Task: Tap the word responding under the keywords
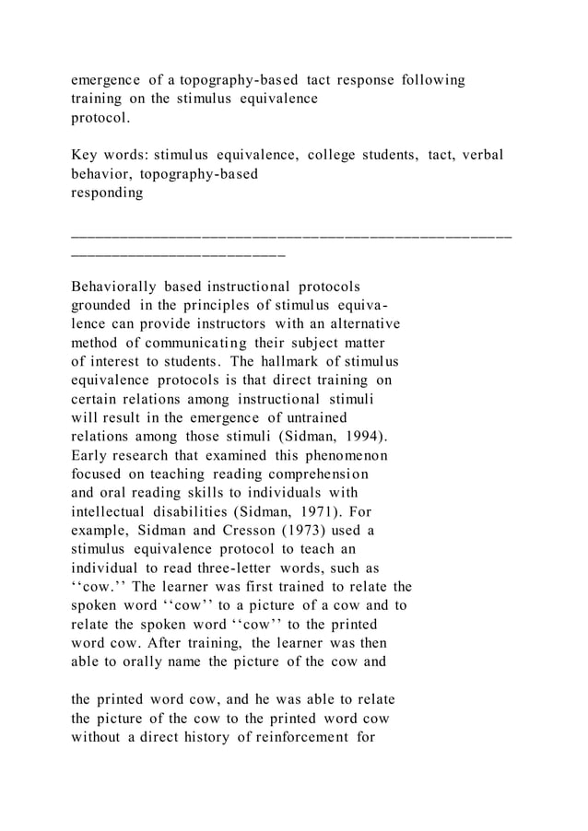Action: click(x=107, y=193)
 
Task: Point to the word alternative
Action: click(x=359, y=324)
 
